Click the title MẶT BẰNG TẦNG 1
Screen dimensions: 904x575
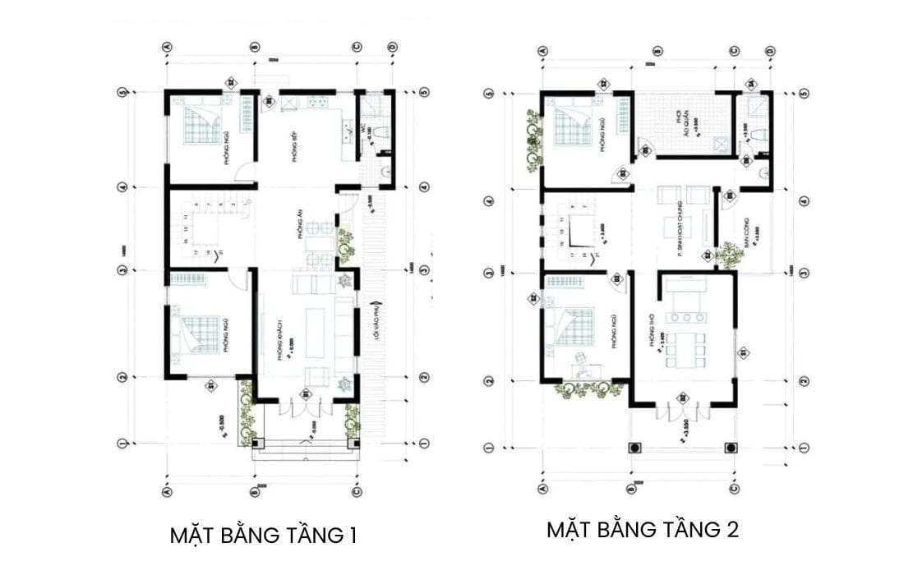[x=263, y=536]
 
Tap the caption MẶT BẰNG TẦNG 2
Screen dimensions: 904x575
[x=643, y=530]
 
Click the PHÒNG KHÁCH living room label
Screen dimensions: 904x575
[x=280, y=339]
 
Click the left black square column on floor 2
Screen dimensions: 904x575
[x=635, y=448]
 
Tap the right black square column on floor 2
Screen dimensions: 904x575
[x=731, y=448]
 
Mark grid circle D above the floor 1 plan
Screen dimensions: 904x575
[x=393, y=48]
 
